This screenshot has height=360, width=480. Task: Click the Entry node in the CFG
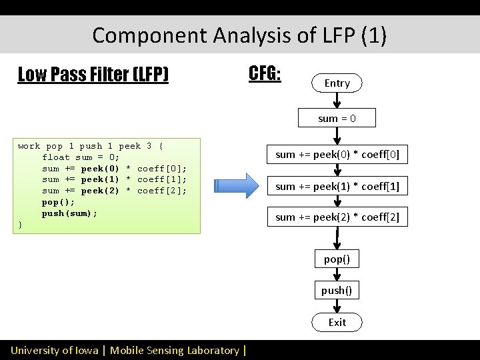pos(337,83)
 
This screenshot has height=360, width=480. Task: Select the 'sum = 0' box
pos(337,119)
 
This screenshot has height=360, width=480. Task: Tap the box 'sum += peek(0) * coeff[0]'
pos(337,155)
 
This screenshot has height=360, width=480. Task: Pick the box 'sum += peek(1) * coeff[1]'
pos(337,187)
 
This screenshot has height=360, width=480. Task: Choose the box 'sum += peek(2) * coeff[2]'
pos(337,217)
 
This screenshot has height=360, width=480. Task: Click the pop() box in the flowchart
pos(337,259)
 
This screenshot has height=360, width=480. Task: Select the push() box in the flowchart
pos(337,290)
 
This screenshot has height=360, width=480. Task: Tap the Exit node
pos(337,323)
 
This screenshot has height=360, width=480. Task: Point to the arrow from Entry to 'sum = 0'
pos(337,101)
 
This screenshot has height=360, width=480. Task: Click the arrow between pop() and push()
pos(337,275)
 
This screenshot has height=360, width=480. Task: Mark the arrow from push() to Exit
pos(337,306)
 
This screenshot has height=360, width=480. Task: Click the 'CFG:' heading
pos(265,73)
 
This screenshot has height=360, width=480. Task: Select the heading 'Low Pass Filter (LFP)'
pos(93,74)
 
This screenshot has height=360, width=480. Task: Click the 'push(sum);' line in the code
pos(69,213)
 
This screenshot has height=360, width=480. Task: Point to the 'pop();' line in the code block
pos(58,202)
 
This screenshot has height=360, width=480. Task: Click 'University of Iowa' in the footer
pos(54,350)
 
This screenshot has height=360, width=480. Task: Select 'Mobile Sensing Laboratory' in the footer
pos(174,350)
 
